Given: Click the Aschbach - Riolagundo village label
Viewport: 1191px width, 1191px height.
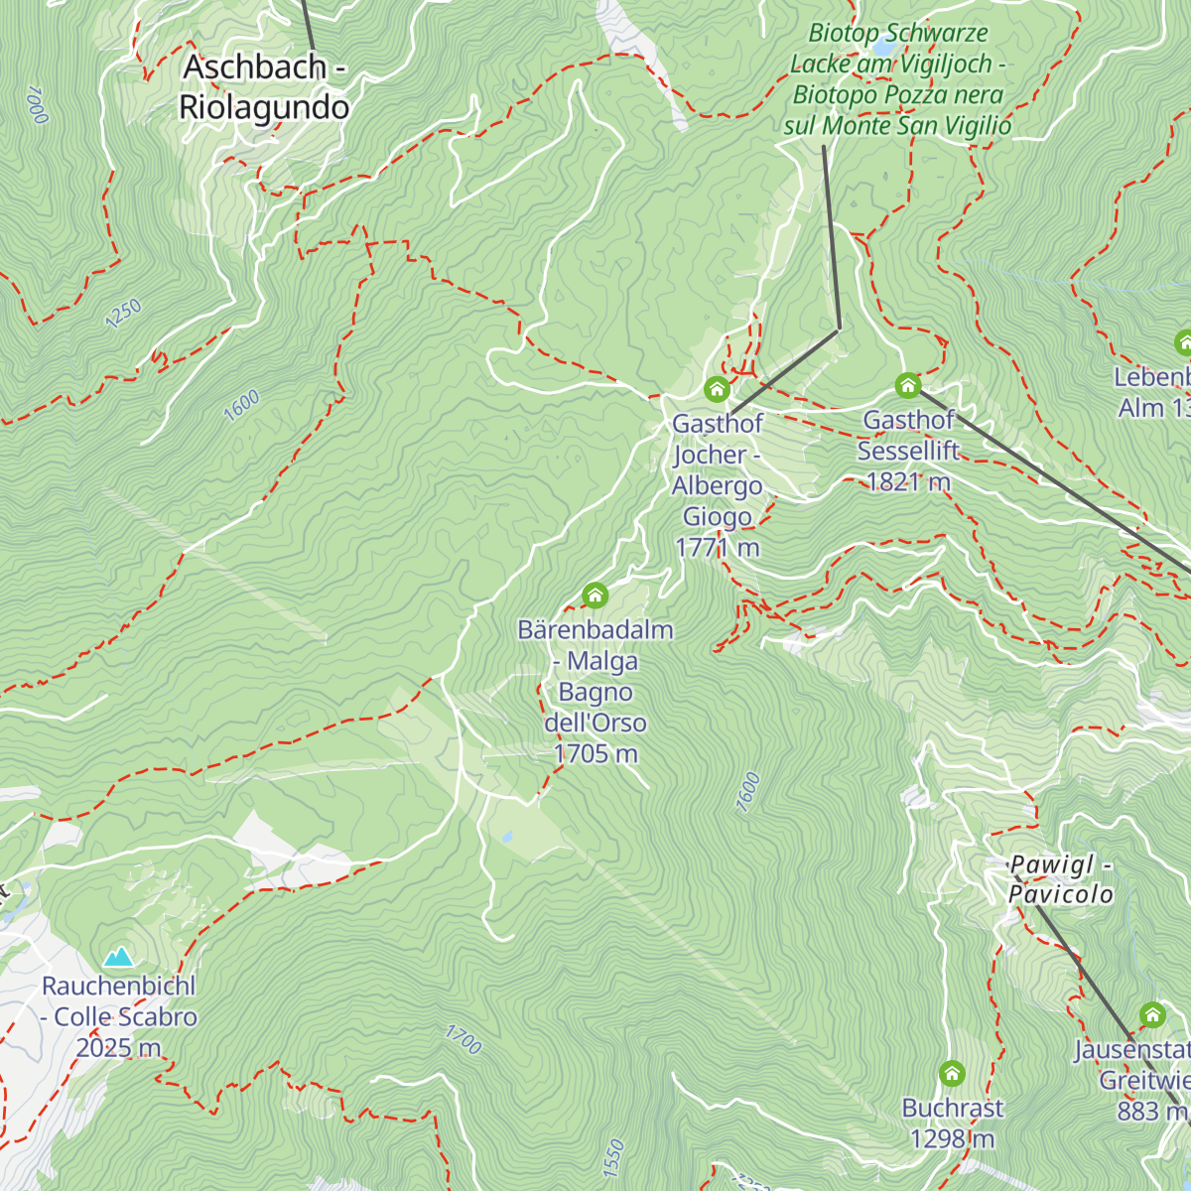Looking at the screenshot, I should [x=264, y=87].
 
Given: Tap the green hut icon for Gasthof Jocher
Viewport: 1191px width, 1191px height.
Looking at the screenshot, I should [x=717, y=388].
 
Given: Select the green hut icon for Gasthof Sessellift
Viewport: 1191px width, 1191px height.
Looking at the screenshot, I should [x=907, y=385].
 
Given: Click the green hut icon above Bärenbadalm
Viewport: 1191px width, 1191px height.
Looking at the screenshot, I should [x=595, y=595].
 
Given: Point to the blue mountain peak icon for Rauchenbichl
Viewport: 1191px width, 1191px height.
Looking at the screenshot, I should [x=119, y=957].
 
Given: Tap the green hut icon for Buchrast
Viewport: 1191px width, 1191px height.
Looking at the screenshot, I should [x=952, y=1073].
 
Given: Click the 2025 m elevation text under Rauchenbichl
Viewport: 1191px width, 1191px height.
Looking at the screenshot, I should [x=118, y=1048].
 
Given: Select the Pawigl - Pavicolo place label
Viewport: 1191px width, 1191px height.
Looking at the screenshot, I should [x=1060, y=879].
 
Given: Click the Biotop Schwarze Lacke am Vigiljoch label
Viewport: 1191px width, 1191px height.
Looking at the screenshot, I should [x=897, y=79].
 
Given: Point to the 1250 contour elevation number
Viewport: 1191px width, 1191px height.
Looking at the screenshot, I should [x=124, y=314].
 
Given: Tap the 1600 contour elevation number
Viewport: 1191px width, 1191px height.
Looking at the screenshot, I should [x=241, y=405].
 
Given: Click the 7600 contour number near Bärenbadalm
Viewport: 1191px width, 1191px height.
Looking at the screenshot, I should [x=748, y=793].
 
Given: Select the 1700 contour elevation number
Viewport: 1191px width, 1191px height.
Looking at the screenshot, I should [x=463, y=1040].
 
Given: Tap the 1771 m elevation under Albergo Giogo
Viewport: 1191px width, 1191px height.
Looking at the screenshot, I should [x=717, y=548].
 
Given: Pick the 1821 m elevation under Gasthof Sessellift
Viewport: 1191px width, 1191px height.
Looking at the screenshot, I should [x=908, y=482].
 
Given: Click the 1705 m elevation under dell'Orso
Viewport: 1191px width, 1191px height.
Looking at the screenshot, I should [x=595, y=754].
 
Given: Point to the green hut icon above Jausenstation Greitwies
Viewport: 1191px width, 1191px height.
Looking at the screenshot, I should [x=1152, y=1014].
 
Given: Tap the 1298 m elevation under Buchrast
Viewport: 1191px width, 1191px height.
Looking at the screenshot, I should [x=952, y=1138].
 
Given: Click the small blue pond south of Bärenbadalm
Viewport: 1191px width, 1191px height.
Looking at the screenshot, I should [x=507, y=837].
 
